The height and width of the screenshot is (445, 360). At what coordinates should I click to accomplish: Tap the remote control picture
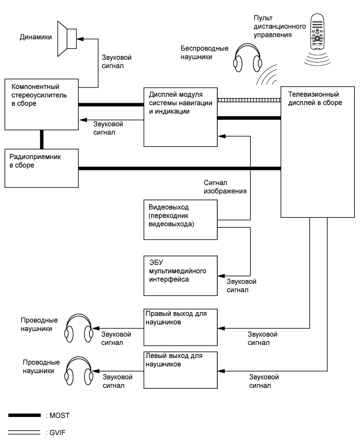(317, 32)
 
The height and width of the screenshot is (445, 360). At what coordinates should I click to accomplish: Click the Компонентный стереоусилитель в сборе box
(41, 104)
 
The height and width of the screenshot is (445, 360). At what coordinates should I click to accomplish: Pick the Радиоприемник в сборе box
(41, 168)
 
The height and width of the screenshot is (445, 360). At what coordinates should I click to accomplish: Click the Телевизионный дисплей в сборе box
(314, 152)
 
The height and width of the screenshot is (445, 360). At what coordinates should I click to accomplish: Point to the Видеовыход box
(180, 219)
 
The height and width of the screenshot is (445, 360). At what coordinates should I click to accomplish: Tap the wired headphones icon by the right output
(79, 329)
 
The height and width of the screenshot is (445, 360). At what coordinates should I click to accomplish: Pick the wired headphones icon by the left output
(79, 371)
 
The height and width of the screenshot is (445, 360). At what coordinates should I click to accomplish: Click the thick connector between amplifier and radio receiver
(41, 139)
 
